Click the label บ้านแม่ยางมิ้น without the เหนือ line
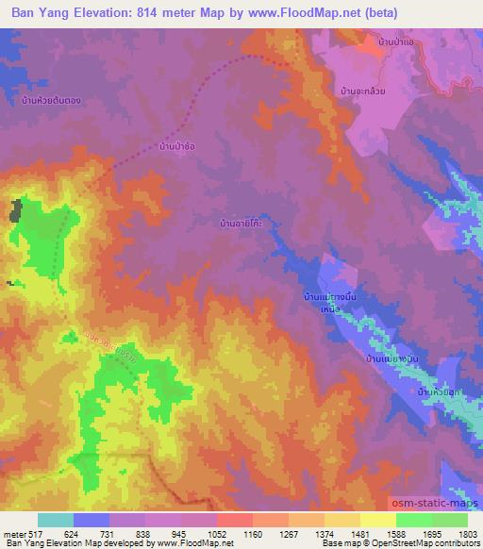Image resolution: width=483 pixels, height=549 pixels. tap(394, 359)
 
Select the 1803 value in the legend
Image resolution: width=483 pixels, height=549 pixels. tap(468, 533)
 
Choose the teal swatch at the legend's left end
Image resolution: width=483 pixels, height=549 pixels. tap(56, 520)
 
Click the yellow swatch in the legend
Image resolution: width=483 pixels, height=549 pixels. tap(378, 520)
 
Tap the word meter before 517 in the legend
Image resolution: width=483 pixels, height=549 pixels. tap(11, 533)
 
